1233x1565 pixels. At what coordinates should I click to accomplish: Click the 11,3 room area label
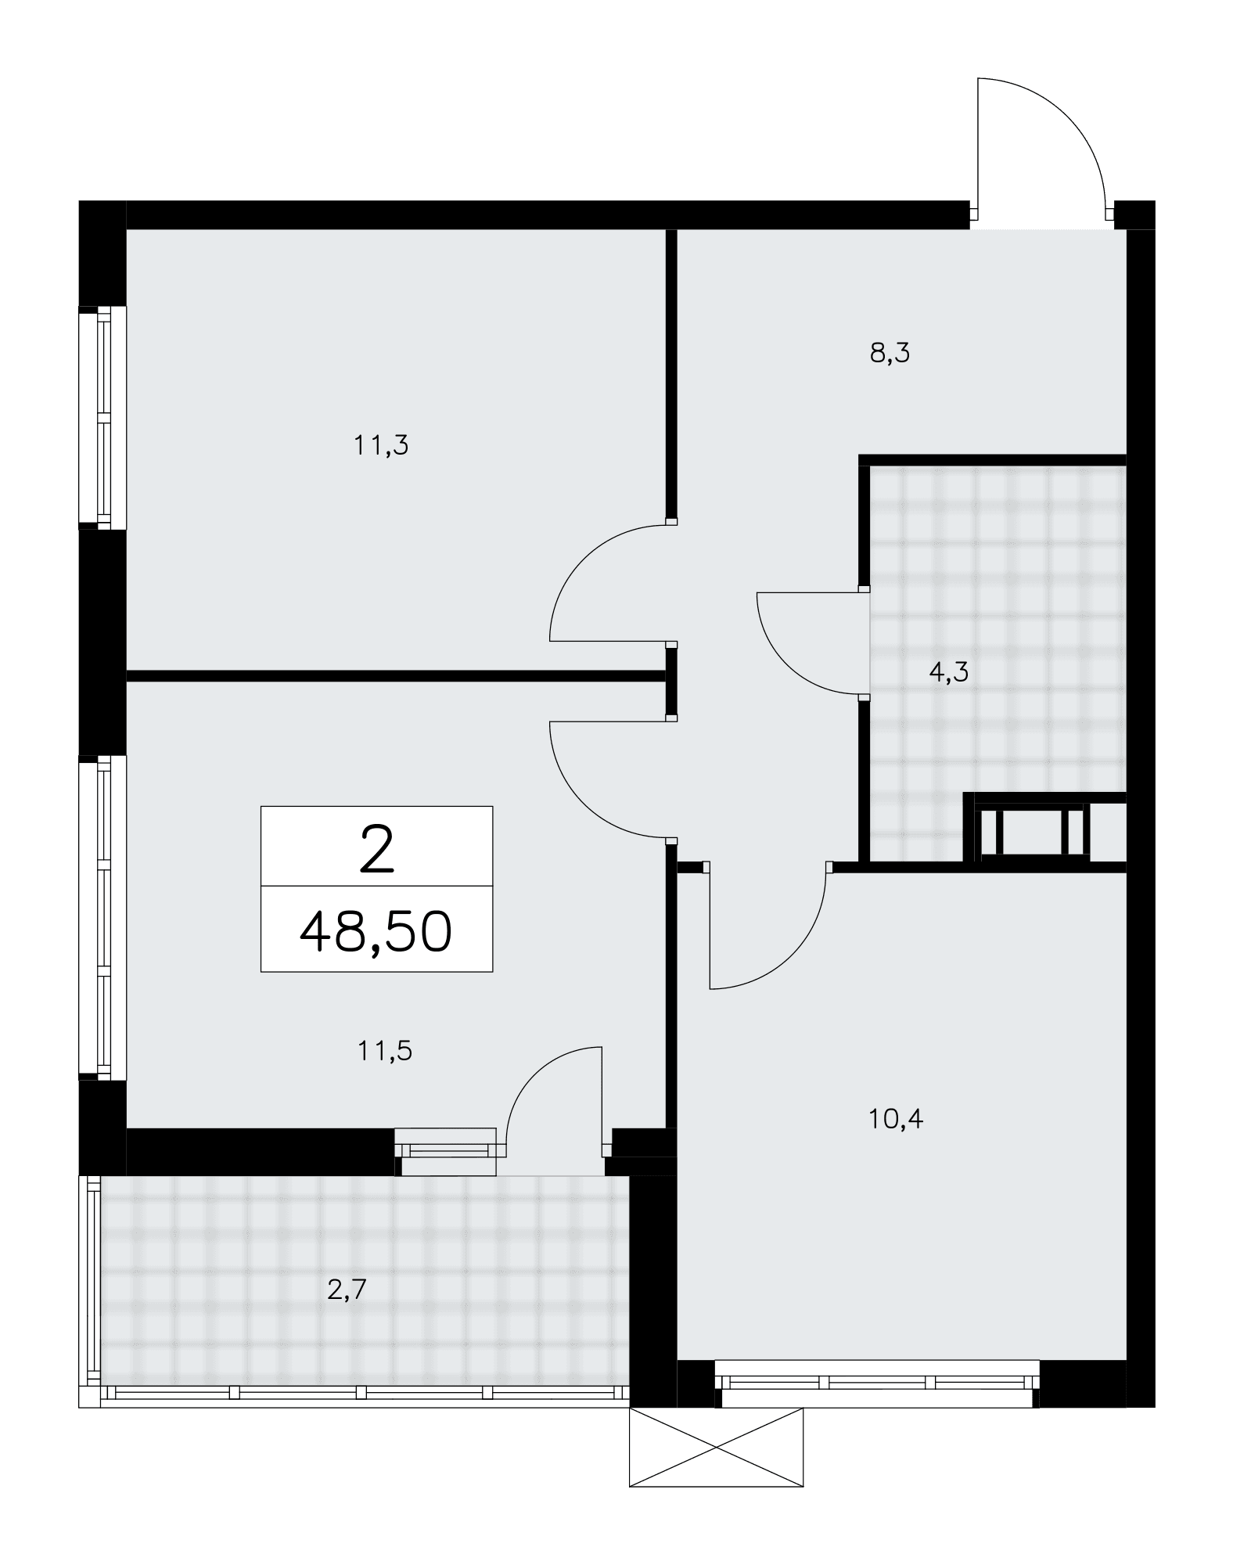point(381,446)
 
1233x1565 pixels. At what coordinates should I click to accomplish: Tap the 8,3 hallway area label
point(890,354)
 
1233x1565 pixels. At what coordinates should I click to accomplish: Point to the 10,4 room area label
point(896,1120)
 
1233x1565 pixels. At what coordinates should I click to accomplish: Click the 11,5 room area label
point(385,1051)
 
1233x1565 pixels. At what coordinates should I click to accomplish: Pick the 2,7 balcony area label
point(347,1290)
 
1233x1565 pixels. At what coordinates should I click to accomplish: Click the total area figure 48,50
point(376,931)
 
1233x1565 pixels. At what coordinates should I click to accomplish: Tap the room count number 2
point(376,851)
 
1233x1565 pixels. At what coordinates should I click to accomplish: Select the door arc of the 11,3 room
point(584,557)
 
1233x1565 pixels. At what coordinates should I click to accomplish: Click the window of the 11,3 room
point(102,416)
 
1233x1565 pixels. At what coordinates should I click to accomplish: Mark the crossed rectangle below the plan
point(717,1447)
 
